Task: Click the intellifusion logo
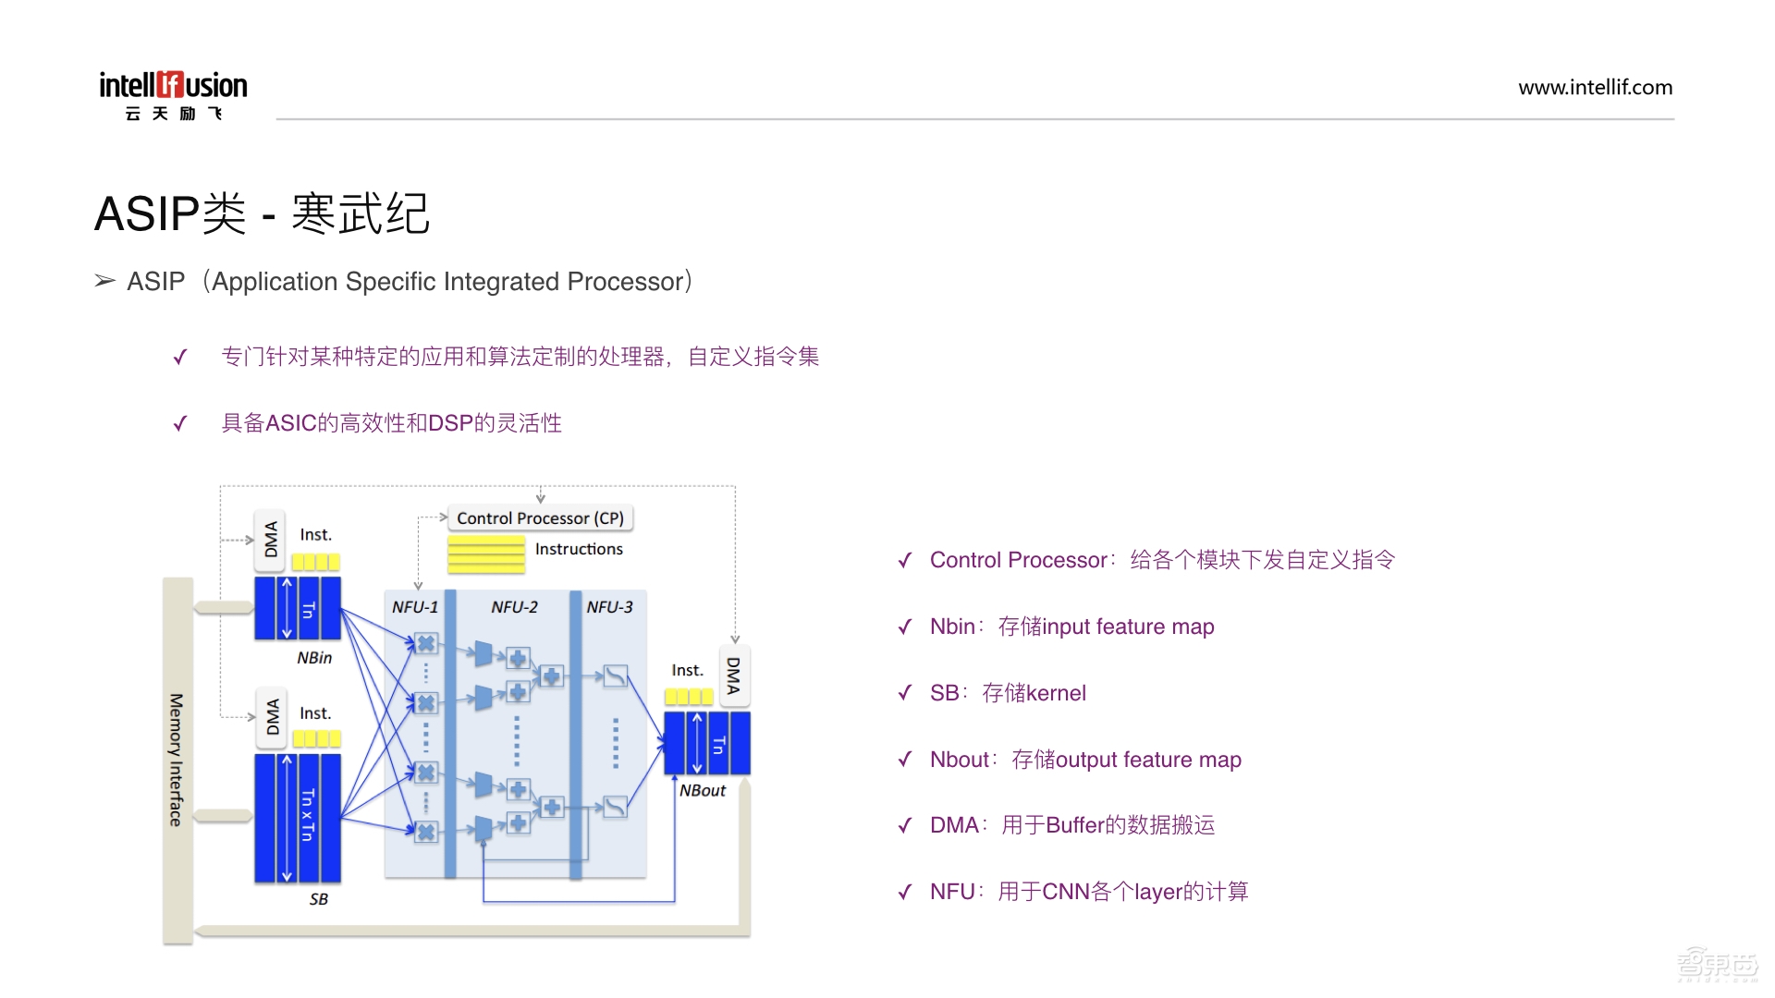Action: tap(173, 95)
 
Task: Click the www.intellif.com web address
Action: tap(1595, 88)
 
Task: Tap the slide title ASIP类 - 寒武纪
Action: tap(263, 213)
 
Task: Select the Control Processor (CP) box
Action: tap(540, 518)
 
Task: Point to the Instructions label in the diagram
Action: tap(579, 549)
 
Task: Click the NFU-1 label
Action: tap(415, 607)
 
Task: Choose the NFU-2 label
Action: tap(514, 607)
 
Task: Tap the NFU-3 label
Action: tap(609, 607)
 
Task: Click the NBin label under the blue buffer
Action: tap(314, 658)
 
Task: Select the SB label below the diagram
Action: tap(319, 899)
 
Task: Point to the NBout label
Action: tap(703, 791)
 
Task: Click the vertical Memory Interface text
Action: tap(177, 760)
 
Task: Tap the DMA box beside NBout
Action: tap(734, 675)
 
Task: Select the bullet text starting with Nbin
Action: tap(1071, 627)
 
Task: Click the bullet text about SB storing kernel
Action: tap(1008, 693)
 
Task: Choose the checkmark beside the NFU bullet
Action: tap(905, 893)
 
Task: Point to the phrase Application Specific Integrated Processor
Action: tap(447, 282)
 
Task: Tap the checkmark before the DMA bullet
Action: tap(905, 826)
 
